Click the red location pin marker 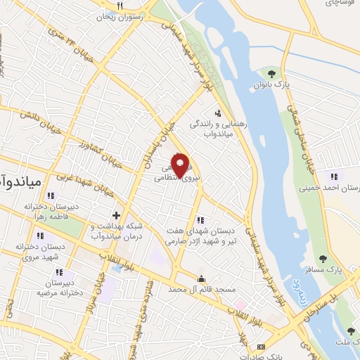tap(181, 165)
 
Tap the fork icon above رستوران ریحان tap(121, 6)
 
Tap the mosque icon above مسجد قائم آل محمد tap(202, 278)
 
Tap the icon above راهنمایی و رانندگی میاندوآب tap(218, 112)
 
